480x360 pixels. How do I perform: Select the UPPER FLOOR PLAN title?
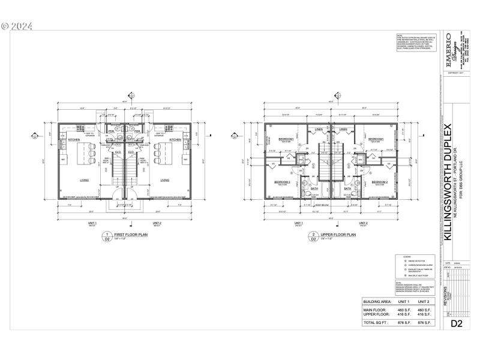[x=338, y=235]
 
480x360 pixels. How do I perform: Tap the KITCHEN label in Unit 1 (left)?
[x=74, y=140]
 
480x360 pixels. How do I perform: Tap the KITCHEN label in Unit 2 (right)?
[x=175, y=140]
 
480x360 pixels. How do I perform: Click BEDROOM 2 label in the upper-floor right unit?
[x=379, y=181]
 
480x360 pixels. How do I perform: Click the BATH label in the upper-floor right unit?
[x=347, y=188]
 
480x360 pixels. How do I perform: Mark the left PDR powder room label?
[x=111, y=131]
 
